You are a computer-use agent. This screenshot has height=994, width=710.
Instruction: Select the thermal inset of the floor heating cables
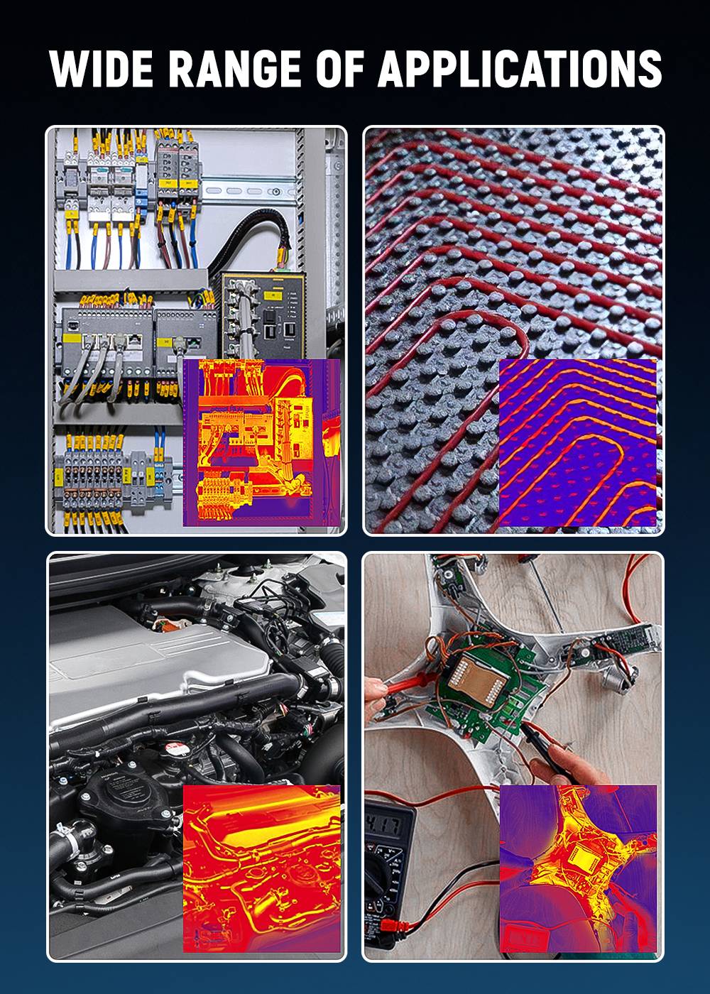click(577, 442)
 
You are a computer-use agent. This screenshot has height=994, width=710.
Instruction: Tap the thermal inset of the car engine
click(261, 868)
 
